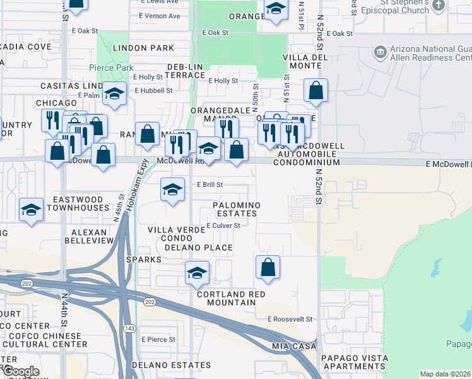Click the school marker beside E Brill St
(x=172, y=189)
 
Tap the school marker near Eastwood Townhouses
(x=31, y=210)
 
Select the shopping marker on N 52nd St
(x=316, y=90)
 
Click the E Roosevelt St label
(x=290, y=320)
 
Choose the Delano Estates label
(x=163, y=365)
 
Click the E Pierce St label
(x=158, y=339)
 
